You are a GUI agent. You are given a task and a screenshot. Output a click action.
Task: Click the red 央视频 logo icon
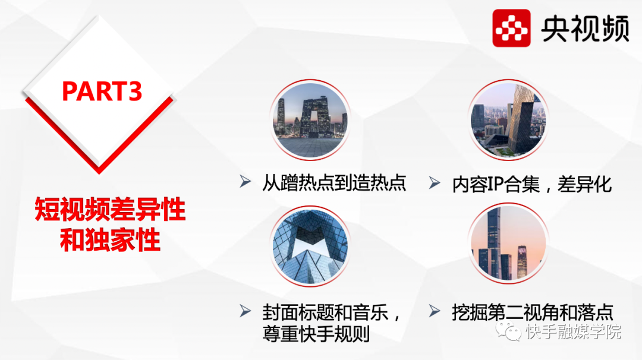point(511,28)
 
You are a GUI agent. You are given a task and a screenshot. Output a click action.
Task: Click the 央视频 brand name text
point(585,29)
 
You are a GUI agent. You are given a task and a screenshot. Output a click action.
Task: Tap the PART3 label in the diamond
point(102,91)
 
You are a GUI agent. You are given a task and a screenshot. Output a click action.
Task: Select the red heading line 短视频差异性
point(110,209)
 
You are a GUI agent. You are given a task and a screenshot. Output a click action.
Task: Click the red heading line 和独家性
point(110,240)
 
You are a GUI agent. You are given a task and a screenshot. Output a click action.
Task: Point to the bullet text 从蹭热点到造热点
point(333,183)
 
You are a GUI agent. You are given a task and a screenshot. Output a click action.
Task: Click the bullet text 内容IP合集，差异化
point(532,185)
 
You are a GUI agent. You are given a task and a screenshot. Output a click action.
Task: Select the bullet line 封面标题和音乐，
point(332,313)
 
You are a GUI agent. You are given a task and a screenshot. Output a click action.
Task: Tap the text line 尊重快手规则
point(316,334)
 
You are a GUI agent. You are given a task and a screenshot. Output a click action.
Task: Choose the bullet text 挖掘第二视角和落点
point(533,312)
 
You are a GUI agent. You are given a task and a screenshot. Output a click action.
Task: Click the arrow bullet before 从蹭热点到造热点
point(246,181)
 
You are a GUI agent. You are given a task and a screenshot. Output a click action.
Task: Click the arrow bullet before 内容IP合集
point(435,182)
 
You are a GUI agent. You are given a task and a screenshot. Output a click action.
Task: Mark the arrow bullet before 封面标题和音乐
point(246,311)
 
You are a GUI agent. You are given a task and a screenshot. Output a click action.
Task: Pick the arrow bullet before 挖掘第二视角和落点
point(435,311)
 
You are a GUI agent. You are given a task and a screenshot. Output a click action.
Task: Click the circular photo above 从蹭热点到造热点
point(310,120)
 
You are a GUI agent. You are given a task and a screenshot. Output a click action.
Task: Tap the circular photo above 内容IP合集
point(508,120)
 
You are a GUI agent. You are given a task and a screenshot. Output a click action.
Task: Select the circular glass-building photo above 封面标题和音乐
point(310,246)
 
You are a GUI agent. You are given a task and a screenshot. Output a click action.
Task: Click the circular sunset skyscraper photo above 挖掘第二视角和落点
point(508,244)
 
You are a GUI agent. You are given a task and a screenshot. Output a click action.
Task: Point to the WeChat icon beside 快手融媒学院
point(508,331)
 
